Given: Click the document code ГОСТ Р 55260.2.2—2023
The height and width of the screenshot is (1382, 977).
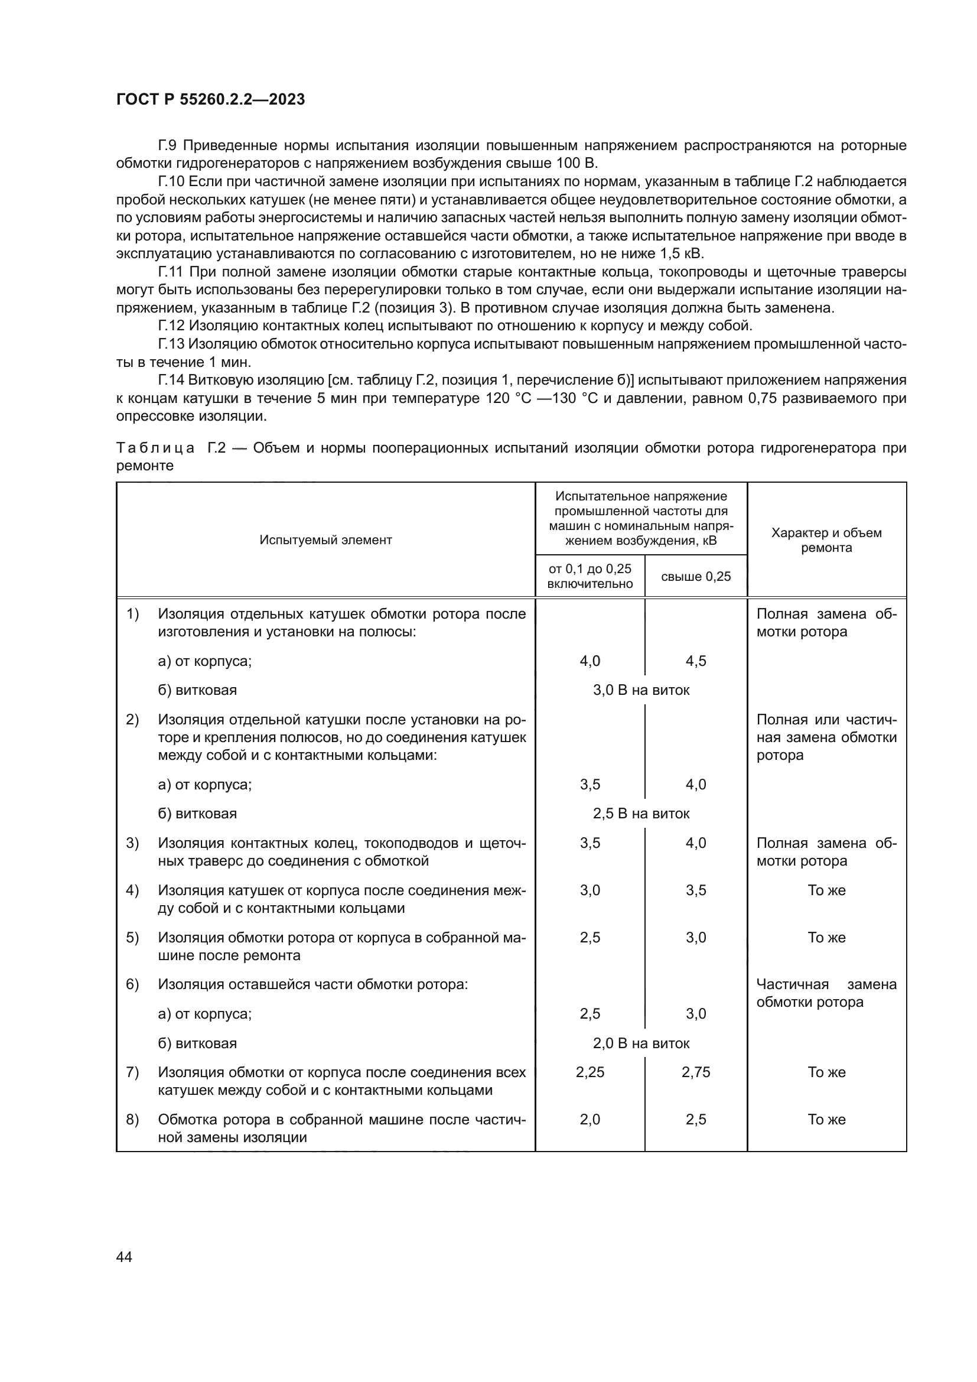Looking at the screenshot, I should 210,99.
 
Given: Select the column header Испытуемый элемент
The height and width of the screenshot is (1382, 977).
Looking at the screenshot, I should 325,540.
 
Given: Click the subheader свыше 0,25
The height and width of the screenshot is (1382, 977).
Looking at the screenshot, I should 695,577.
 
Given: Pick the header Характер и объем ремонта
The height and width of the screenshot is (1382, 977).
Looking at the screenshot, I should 826,540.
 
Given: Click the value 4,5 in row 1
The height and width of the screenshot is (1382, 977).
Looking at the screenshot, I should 695,661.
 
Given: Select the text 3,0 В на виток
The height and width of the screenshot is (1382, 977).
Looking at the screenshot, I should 641,690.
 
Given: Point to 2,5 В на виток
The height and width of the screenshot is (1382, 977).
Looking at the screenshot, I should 641,814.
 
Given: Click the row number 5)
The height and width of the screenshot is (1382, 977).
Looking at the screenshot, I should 132,937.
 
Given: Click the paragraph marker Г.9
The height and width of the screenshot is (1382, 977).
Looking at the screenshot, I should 168,146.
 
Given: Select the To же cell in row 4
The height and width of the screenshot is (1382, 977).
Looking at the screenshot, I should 826,890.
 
